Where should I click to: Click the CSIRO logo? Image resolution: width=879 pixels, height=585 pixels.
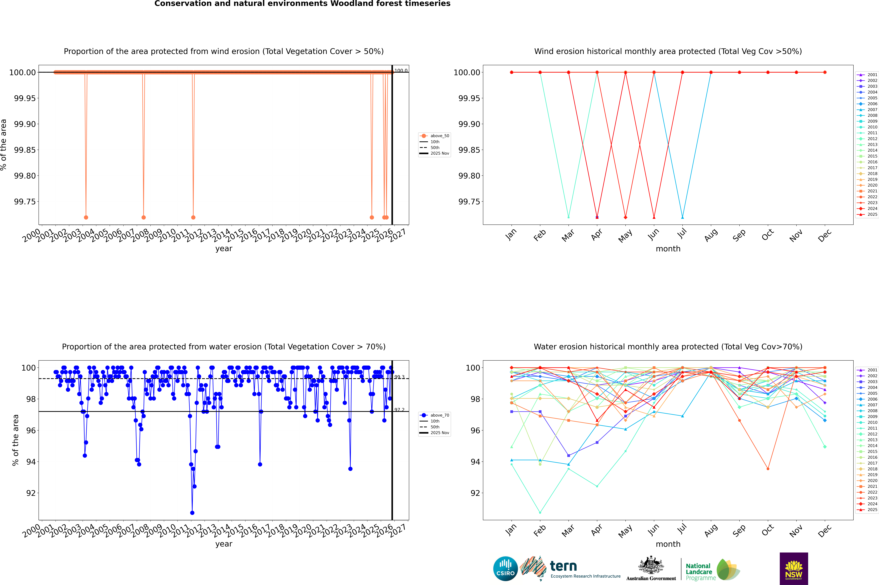point(505,569)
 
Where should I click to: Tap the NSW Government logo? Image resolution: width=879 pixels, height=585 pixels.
point(794,569)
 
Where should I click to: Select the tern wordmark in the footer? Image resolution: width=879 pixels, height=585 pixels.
point(563,566)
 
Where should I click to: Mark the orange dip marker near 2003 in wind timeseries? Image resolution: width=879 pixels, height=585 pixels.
point(86,217)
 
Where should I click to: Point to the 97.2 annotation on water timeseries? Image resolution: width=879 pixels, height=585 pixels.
point(399,410)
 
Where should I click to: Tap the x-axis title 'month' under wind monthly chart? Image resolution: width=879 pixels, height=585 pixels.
point(668,249)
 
